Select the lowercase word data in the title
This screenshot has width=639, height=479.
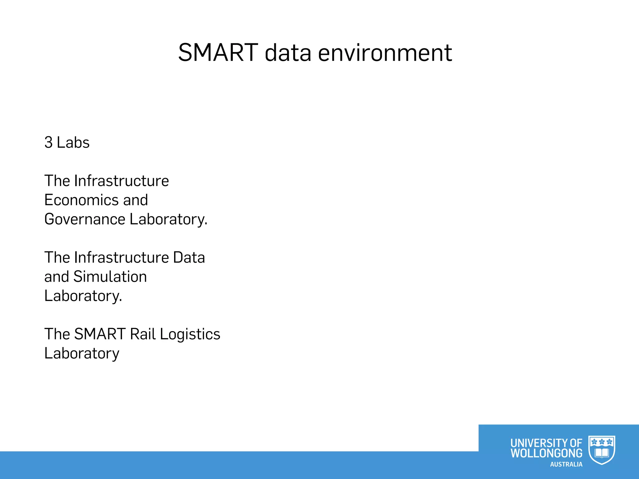(288, 53)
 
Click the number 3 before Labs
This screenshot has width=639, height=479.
(48, 143)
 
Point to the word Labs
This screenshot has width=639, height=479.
(73, 143)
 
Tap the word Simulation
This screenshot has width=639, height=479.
(110, 277)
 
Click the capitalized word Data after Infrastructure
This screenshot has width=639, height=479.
(189, 258)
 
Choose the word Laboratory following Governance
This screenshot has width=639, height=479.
(168, 219)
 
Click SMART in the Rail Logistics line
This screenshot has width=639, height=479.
(100, 334)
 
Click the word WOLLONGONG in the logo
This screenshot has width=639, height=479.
(546, 453)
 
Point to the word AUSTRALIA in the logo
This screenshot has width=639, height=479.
(566, 464)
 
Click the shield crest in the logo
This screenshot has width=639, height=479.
(602, 450)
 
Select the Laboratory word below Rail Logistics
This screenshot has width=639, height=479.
(82, 354)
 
